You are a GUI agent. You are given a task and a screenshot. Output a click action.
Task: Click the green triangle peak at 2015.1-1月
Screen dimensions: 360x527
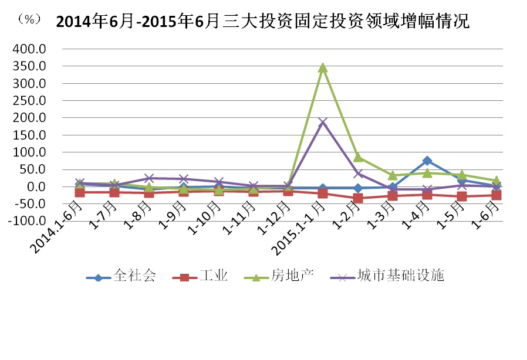pos(323,67)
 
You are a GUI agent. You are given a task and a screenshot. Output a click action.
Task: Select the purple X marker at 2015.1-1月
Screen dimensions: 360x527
pos(323,122)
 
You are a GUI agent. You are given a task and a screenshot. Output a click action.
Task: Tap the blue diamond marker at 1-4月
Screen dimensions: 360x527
pos(427,161)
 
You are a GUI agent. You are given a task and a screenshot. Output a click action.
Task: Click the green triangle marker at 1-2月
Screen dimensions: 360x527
pos(357,157)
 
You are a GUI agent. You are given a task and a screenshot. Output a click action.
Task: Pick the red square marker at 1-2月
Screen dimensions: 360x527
pos(357,198)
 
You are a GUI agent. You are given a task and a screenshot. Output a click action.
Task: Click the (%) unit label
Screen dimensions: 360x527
pos(29,19)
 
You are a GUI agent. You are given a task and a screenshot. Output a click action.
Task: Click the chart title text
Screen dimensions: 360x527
pos(262,22)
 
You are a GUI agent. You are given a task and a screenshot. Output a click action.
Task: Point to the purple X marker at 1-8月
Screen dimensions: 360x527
pos(149,178)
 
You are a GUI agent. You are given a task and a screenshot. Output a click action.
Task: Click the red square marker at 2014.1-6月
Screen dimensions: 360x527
pos(80,192)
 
